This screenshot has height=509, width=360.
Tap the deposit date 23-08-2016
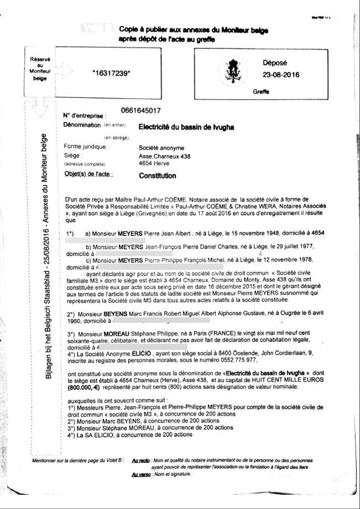tap(281, 74)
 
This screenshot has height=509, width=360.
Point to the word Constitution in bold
tap(158, 176)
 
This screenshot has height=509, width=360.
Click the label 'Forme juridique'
tap(83, 146)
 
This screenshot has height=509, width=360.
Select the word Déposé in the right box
tap(275, 62)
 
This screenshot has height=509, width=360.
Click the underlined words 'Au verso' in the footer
tap(140, 474)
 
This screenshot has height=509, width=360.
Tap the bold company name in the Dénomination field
tap(187, 126)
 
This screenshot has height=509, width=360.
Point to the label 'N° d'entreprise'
tap(84, 115)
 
